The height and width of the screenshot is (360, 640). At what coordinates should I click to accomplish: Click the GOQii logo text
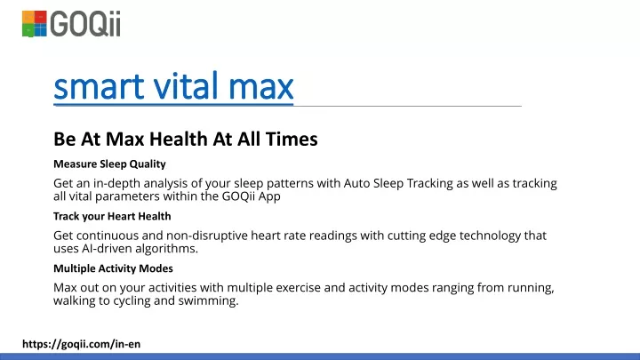pyautogui.click(x=85, y=24)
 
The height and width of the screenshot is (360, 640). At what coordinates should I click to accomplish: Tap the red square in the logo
pyautogui.click(x=40, y=17)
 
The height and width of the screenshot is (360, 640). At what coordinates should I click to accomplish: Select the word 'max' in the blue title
pyautogui.click(x=260, y=88)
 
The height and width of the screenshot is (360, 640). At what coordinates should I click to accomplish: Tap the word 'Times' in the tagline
pyautogui.click(x=292, y=140)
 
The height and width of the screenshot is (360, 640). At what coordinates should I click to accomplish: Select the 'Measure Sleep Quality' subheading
pyautogui.click(x=109, y=164)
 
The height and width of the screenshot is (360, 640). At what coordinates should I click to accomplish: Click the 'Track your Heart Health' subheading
pyautogui.click(x=112, y=216)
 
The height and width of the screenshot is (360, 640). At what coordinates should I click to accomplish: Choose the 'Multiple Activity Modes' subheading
pyautogui.click(x=113, y=268)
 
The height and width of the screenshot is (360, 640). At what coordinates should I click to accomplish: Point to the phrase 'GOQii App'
pyautogui.click(x=251, y=196)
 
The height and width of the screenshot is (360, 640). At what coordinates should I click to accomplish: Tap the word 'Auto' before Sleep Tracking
pyautogui.click(x=356, y=184)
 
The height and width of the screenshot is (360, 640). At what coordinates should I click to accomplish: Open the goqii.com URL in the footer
pyautogui.click(x=81, y=344)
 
